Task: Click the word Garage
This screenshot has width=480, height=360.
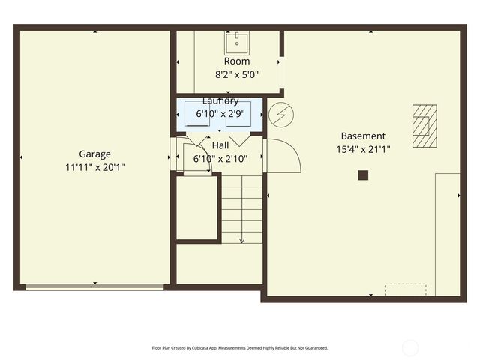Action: tap(95, 154)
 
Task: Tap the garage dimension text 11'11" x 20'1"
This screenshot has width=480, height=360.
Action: tap(95, 167)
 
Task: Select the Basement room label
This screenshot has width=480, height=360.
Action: tap(363, 136)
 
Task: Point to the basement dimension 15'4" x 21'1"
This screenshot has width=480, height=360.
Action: tap(363, 149)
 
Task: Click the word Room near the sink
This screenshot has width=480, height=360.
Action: tap(237, 61)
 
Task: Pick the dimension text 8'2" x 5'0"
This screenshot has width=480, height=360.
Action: tap(237, 74)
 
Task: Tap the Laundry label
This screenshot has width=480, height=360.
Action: tap(220, 100)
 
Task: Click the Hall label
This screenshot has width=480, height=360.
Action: tap(220, 145)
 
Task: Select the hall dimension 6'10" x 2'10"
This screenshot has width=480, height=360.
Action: tap(220, 158)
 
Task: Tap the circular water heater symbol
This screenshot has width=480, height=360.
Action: tap(281, 115)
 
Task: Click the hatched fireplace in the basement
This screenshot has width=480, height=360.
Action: tap(424, 125)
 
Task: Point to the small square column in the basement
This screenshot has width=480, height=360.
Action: tap(363, 175)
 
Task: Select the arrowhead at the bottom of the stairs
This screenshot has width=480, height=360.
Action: tap(241, 240)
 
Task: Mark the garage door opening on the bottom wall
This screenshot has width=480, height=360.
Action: tap(94, 286)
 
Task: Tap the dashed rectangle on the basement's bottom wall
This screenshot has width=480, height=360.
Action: tap(405, 289)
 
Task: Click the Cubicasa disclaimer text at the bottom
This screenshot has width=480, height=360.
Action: tap(240, 348)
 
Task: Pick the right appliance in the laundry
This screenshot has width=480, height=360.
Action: tap(239, 114)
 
